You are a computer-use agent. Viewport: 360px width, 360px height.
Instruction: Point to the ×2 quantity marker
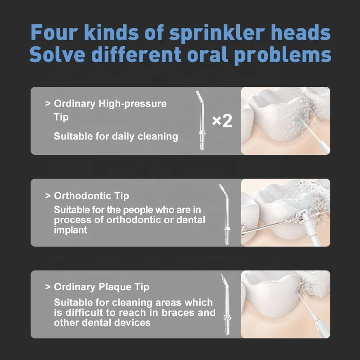(221, 121)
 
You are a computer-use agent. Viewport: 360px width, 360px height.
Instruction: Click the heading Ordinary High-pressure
(110, 103)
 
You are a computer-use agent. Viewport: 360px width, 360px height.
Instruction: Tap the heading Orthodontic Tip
(91, 196)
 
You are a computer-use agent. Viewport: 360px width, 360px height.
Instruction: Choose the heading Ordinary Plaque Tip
(101, 287)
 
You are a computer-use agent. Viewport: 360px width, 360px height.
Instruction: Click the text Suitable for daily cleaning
(116, 136)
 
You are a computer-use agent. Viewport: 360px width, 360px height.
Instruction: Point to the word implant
(71, 229)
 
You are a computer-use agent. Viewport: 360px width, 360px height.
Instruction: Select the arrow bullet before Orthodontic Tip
(48, 196)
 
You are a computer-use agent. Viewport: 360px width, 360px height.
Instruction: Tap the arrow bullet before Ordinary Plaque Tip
(48, 287)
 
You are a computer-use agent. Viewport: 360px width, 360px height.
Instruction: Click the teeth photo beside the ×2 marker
(285, 121)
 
